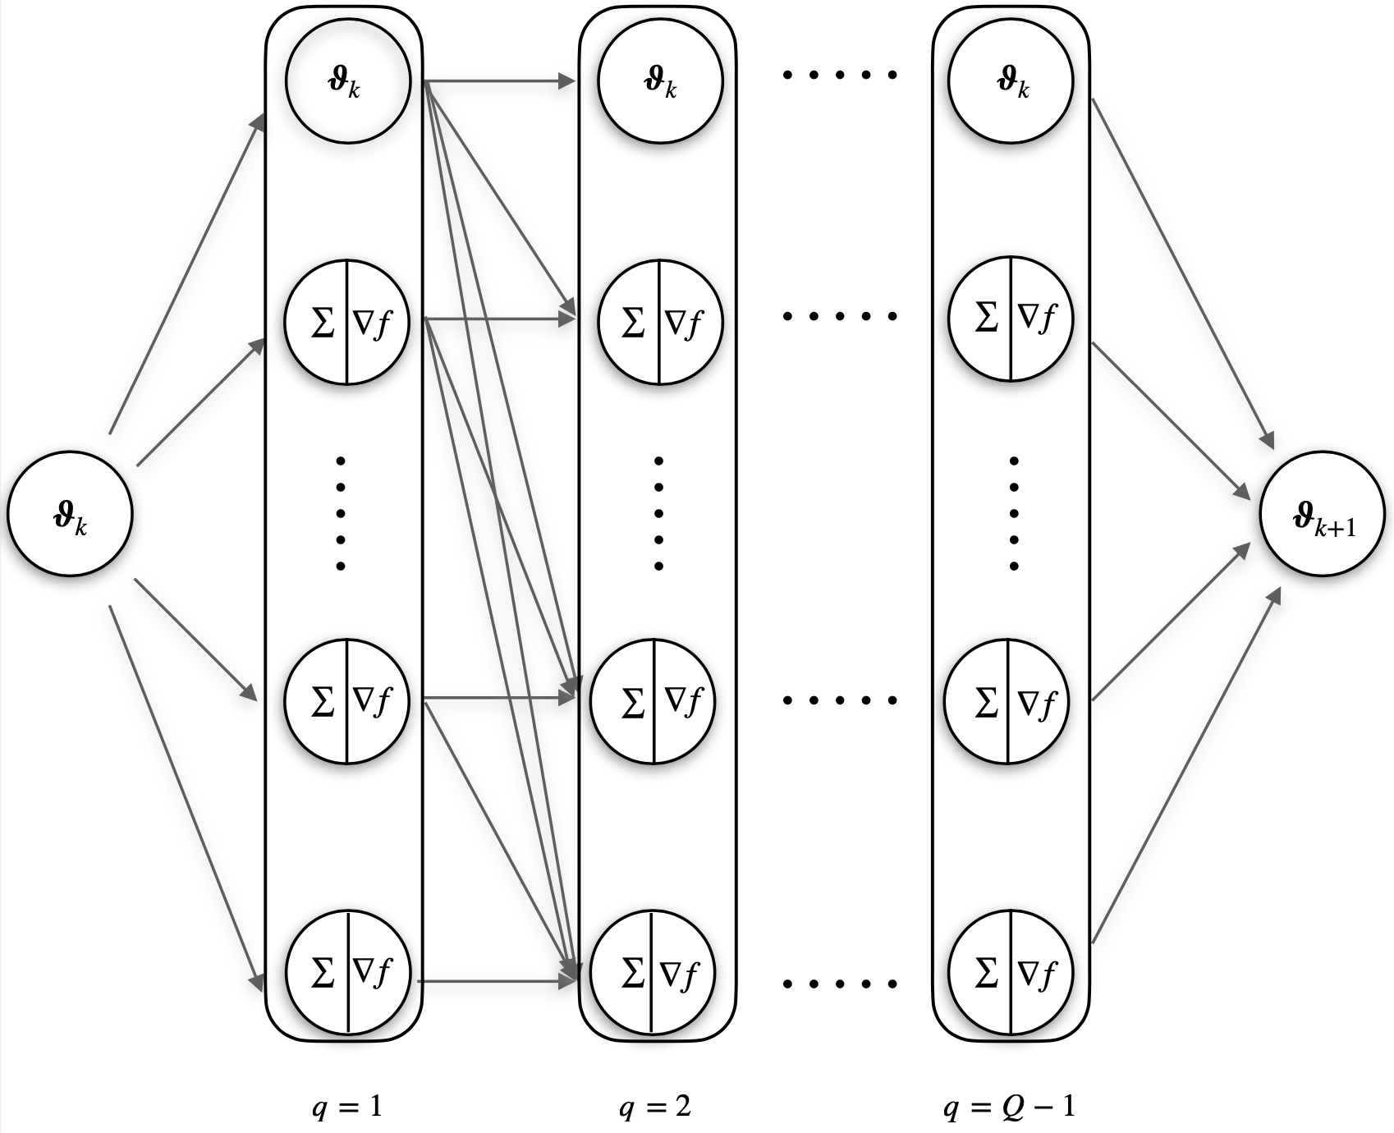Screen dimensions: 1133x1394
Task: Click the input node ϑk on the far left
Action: (70, 515)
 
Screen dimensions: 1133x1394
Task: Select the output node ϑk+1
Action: (1323, 515)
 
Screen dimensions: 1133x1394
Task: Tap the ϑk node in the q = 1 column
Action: (346, 80)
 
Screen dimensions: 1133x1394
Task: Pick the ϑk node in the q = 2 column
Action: (660, 80)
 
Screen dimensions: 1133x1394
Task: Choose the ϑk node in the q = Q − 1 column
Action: (1011, 80)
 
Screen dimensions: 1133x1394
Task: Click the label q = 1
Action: (346, 1108)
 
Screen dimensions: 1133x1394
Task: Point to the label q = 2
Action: (655, 1108)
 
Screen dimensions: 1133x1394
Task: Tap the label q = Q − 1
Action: (1009, 1108)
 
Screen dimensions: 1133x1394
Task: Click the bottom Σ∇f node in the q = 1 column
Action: (347, 972)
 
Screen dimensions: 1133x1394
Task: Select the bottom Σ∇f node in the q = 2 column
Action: (653, 972)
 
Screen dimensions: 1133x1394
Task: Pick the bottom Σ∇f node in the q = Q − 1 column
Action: (1011, 972)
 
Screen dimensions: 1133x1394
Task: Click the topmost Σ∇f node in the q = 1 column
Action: (346, 321)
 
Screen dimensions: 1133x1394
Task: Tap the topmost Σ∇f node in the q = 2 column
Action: (660, 321)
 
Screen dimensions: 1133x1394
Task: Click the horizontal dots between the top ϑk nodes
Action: (839, 76)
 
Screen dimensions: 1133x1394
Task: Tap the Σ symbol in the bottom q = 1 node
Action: (323, 972)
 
